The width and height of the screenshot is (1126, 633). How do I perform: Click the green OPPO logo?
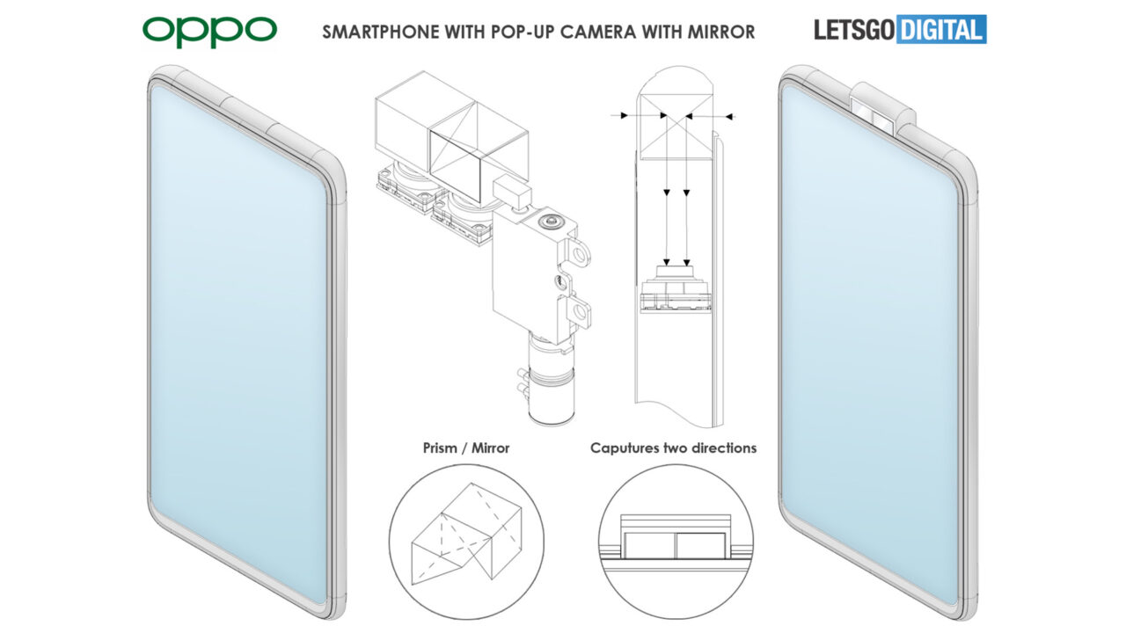coord(209,32)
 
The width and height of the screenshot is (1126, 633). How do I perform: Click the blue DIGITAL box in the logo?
coord(940,31)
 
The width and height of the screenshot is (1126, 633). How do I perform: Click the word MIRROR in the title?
coord(721,33)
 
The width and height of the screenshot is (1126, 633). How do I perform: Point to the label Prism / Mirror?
coord(466,448)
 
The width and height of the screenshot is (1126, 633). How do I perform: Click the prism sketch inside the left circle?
coord(466,532)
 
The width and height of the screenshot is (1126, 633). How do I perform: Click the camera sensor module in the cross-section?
coord(675,286)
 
